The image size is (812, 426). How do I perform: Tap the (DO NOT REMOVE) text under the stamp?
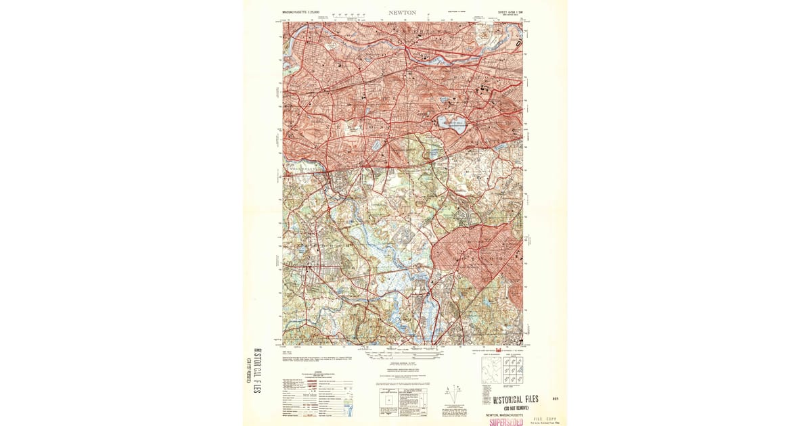tap(516, 408)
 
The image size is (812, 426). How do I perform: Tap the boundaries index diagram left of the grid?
tap(490, 371)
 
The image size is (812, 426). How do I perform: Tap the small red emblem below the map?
tap(498, 350)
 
